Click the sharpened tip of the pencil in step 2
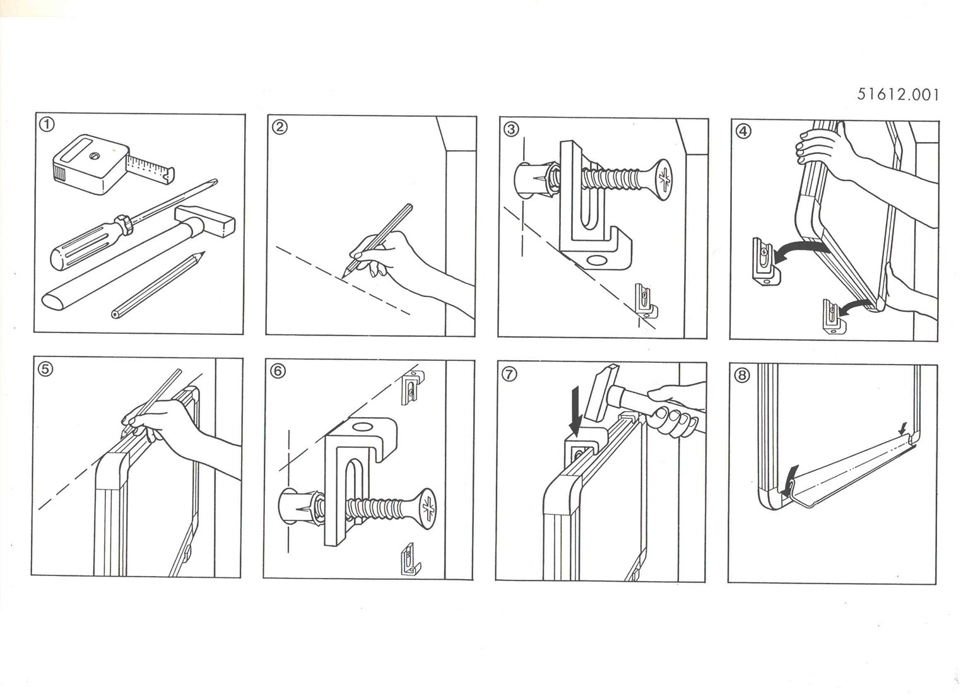pyautogui.click(x=343, y=277)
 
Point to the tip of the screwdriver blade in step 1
pyautogui.click(x=216, y=180)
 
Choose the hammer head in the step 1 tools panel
pyautogui.click(x=205, y=221)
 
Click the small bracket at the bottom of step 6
pyautogui.click(x=411, y=560)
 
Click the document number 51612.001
pyautogui.click(x=898, y=95)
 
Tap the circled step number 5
pyautogui.click(x=45, y=369)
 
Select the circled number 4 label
pyautogui.click(x=743, y=131)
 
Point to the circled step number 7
pyautogui.click(x=509, y=375)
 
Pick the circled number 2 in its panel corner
pyautogui.click(x=280, y=127)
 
